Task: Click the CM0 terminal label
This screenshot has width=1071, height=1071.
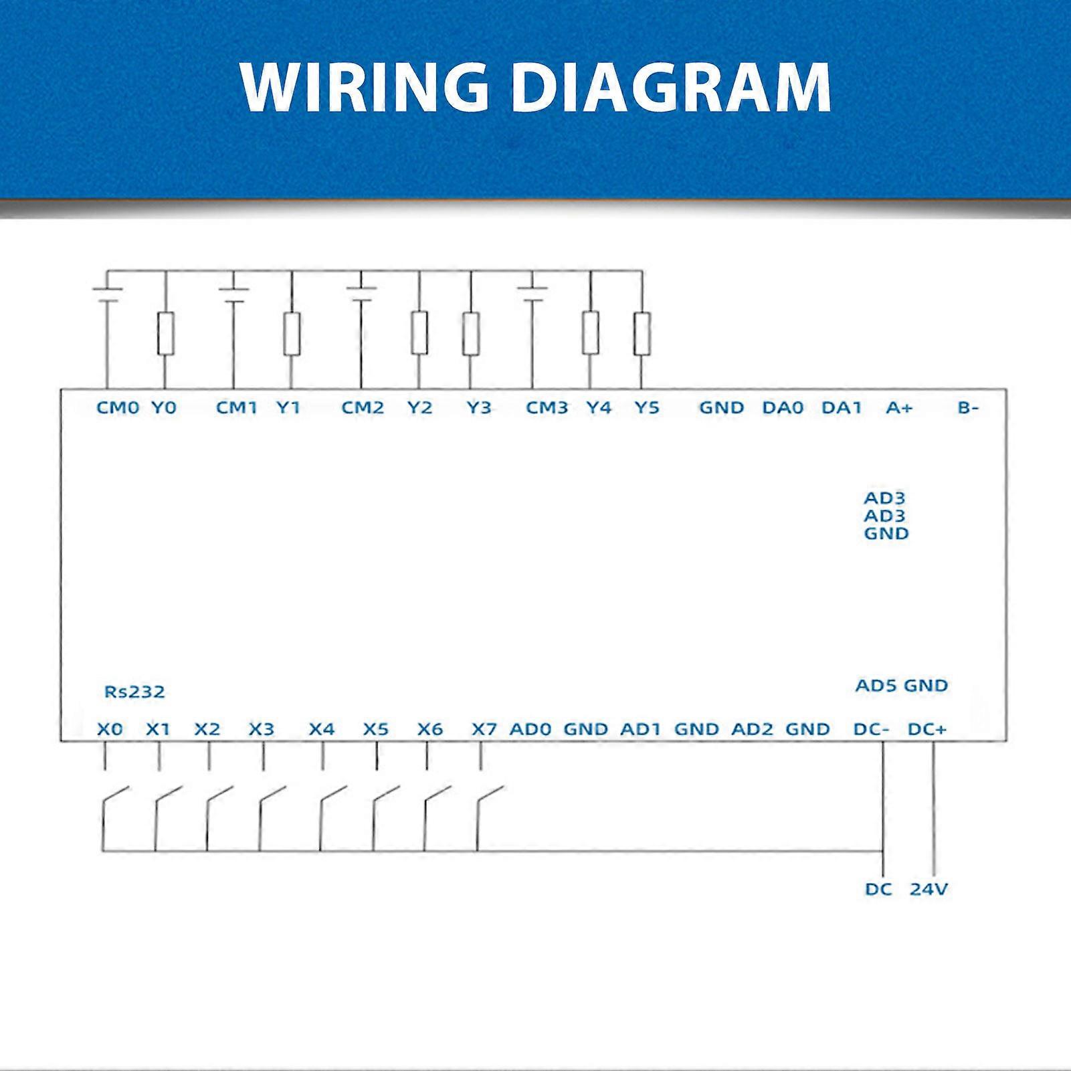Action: pyautogui.click(x=118, y=407)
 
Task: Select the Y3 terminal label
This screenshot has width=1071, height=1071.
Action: pyautogui.click(x=479, y=407)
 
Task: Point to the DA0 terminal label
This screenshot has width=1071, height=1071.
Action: pyautogui.click(x=783, y=407)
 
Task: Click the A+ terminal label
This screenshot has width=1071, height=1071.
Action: pyautogui.click(x=899, y=407)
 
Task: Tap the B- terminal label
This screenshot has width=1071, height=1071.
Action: pyautogui.click(x=968, y=407)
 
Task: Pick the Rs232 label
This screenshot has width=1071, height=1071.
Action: pyautogui.click(x=134, y=692)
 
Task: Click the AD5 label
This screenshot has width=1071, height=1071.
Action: pyautogui.click(x=876, y=686)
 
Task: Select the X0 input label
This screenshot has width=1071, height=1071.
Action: pyautogui.click(x=110, y=729)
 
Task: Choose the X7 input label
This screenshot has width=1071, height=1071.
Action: pyautogui.click(x=484, y=729)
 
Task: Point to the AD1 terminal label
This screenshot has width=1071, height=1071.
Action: pyautogui.click(x=641, y=729)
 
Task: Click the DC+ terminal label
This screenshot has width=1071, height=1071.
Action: pyautogui.click(x=927, y=729)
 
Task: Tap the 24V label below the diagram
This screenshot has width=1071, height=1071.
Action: pyautogui.click(x=929, y=889)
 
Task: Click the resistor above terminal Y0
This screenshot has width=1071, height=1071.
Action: pyautogui.click(x=166, y=333)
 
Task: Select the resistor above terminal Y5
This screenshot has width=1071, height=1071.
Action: pyautogui.click(x=642, y=333)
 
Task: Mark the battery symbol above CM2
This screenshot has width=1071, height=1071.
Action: pyautogui.click(x=361, y=294)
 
